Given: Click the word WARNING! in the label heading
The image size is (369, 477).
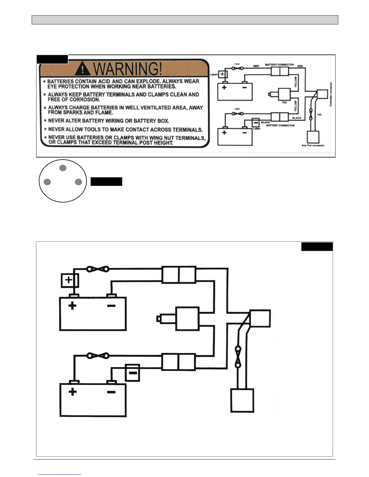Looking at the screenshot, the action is [128, 69].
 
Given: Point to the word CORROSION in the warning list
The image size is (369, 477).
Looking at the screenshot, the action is [84, 100].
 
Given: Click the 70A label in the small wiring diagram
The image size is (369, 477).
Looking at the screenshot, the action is [284, 103].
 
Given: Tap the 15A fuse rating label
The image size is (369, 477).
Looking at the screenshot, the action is [319, 115].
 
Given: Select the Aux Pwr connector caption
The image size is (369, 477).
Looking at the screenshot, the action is [313, 145].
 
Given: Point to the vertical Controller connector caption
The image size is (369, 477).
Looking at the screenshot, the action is [331, 94].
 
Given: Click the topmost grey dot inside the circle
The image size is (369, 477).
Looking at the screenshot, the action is [63, 168].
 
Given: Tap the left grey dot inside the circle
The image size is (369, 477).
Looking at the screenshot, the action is [47, 182].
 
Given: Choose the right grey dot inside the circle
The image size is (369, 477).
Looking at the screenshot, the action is [78, 182].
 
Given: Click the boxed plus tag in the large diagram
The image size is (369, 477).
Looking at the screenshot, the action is [70, 280].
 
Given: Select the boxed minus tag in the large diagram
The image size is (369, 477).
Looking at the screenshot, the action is [132, 373].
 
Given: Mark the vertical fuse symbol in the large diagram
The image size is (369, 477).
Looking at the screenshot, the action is [238, 357].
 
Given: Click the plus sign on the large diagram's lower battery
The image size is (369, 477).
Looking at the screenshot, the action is [72, 392].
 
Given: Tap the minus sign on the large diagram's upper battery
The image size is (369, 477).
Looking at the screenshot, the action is [111, 306].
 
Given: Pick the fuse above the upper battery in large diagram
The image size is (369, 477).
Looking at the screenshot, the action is [98, 269].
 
